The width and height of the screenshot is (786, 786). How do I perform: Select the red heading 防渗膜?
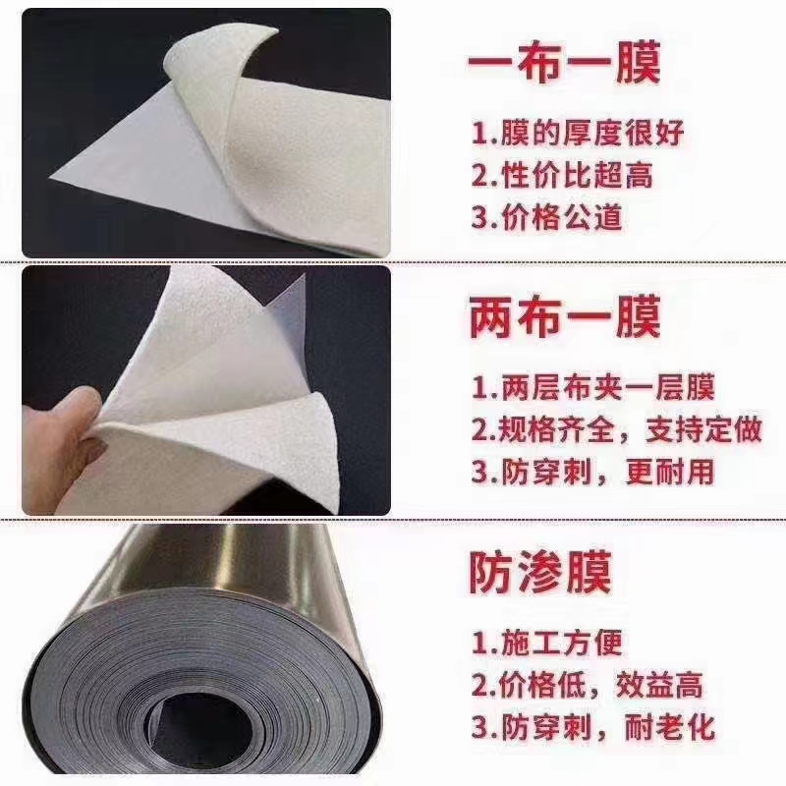click(539, 573)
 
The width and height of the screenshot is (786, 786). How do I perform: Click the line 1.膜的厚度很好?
click(562, 133)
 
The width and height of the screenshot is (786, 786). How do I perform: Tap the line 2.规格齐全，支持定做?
click(616, 429)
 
